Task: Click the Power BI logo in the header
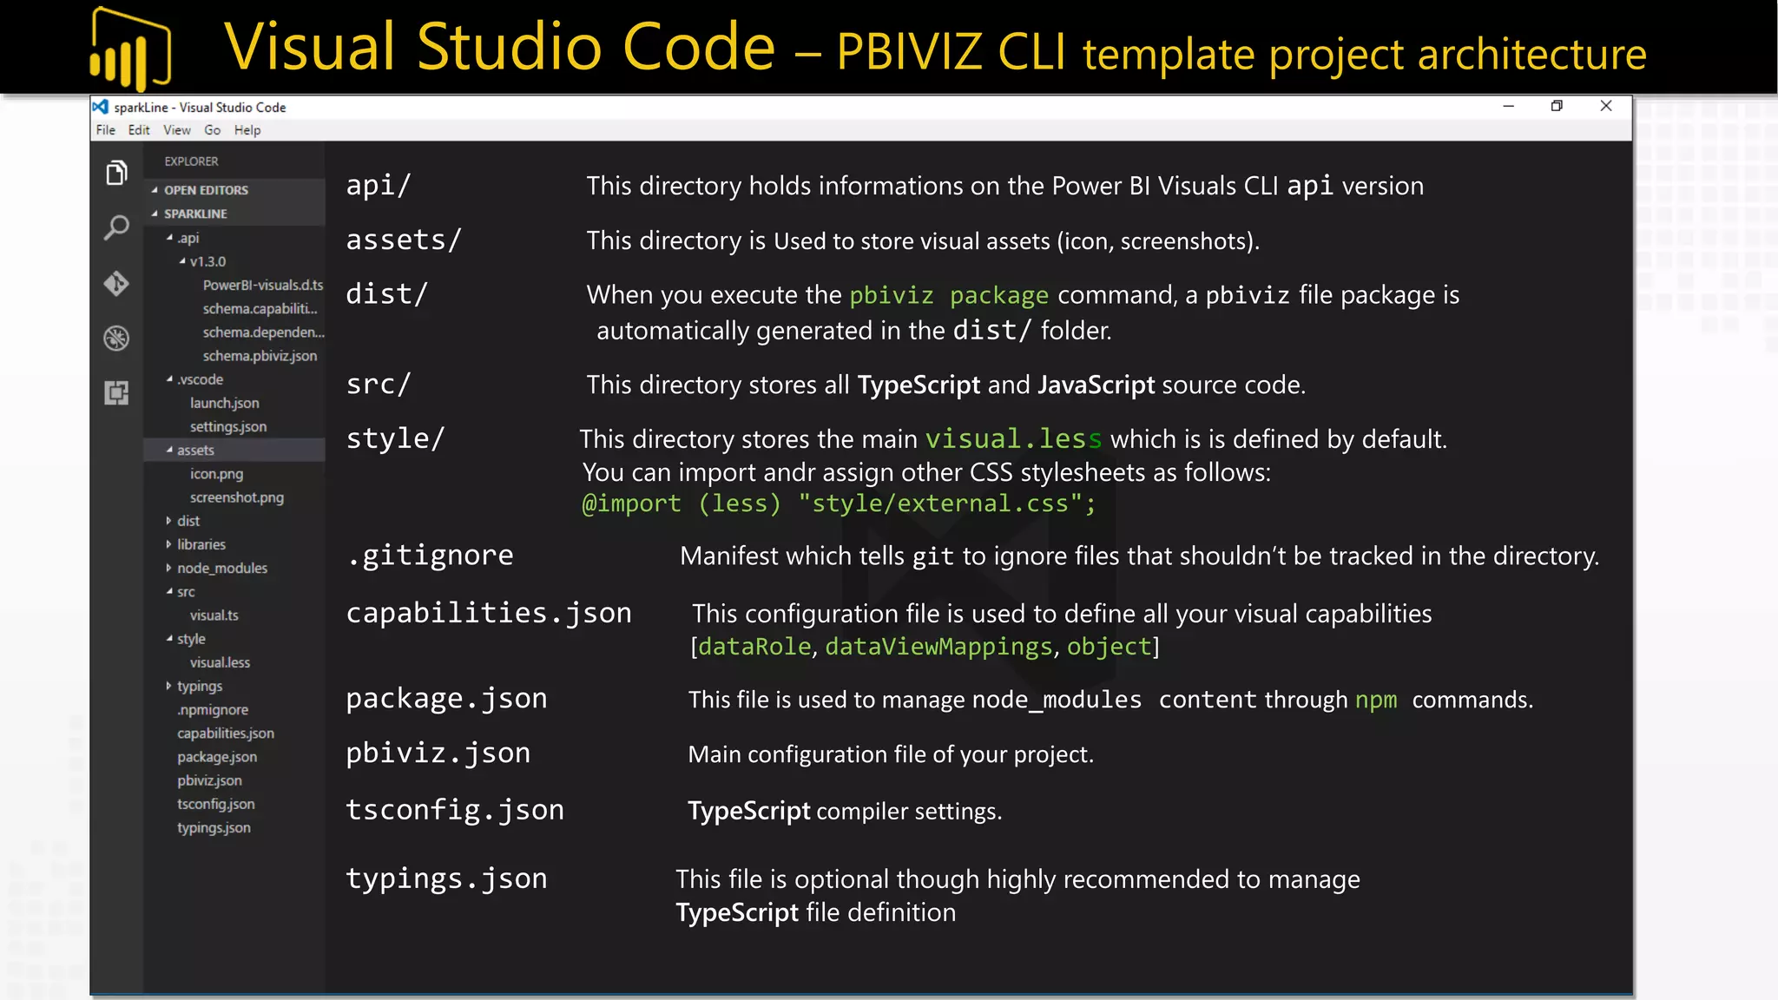[130, 49]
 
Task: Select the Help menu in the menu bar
[247, 130]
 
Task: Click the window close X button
[1606, 106]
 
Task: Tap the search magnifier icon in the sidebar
[116, 228]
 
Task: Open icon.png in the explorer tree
[216, 474]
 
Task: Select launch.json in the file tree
[224, 403]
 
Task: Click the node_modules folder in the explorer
[221, 568]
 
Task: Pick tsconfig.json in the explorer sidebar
[215, 804]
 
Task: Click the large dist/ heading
[387, 294]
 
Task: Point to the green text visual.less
[1013, 439]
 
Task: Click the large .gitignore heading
[430, 556]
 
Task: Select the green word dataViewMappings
[938, 647]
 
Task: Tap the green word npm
[1376, 700]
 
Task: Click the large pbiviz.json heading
[438, 753]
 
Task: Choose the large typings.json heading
[446, 878]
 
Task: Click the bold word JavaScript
[1096, 385]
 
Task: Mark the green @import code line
[839, 503]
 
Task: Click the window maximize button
[1557, 106]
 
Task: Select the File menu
[106, 130]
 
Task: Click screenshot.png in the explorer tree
[236, 497]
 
